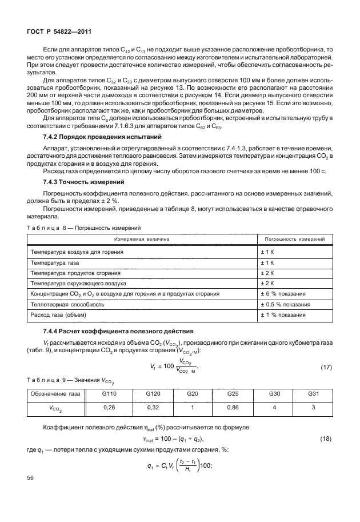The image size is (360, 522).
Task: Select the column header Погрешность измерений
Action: point(292,239)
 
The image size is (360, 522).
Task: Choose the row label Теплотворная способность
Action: point(67,304)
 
